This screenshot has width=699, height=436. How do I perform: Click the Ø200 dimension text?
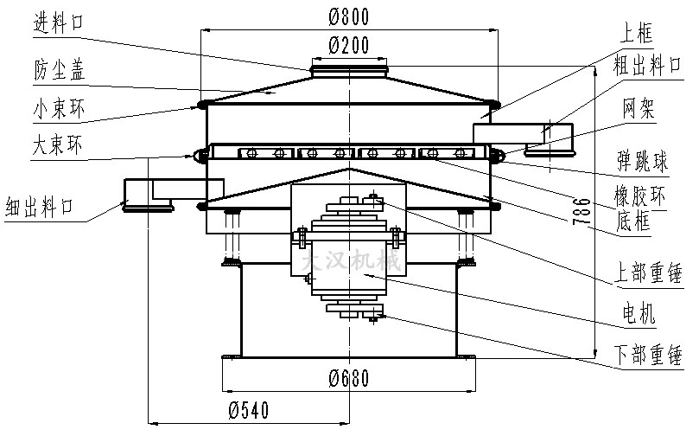[349, 45]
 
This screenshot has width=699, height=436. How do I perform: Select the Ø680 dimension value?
[349, 377]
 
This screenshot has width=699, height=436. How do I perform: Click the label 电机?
[638, 314]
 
